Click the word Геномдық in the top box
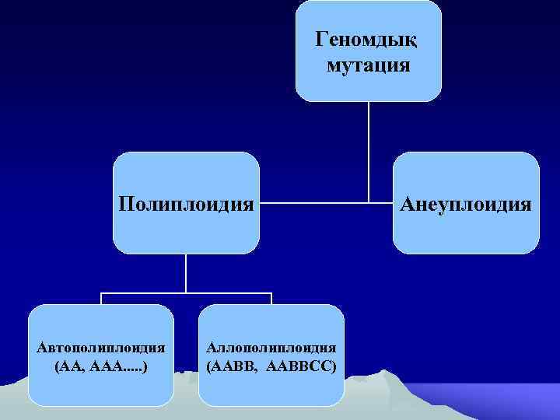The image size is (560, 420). [368, 39]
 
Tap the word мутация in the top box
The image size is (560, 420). [369, 65]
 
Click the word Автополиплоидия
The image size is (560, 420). [101, 347]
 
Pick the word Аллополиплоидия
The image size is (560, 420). [271, 347]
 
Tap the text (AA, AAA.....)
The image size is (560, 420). [101, 365]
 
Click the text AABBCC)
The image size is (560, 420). [301, 365]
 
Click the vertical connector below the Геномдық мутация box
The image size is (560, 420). [369, 148]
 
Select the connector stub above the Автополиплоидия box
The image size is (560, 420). [101, 299]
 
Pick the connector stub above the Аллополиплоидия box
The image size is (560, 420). [271, 299]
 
